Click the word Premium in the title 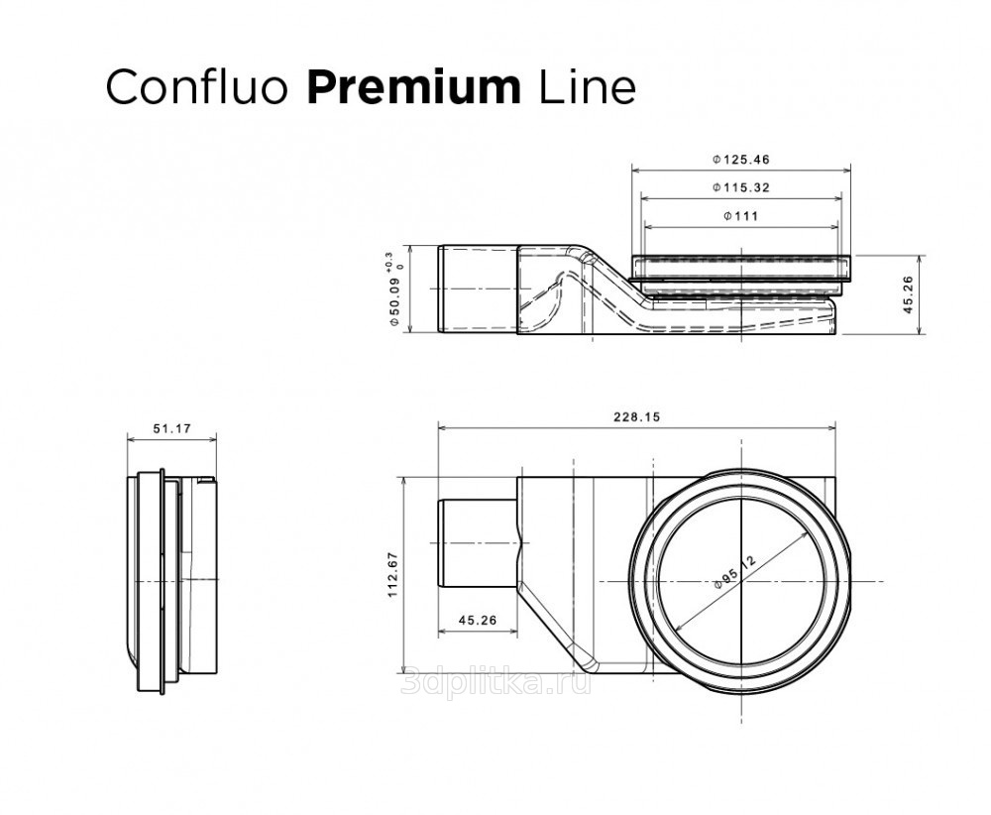pyautogui.click(x=414, y=87)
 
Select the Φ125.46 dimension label pyautogui.click(x=741, y=160)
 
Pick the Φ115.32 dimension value pyautogui.click(x=741, y=187)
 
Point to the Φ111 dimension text pyautogui.click(x=740, y=216)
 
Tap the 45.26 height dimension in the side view pyautogui.click(x=909, y=294)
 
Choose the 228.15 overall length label pyautogui.click(x=636, y=416)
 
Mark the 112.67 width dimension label pyautogui.click(x=392, y=575)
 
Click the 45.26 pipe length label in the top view pyautogui.click(x=478, y=621)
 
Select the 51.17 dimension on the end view pyautogui.click(x=171, y=428)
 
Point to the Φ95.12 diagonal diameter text pyautogui.click(x=734, y=571)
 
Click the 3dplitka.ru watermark pyautogui.click(x=496, y=682)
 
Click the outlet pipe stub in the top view pyautogui.click(x=478, y=543)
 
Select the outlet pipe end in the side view pyautogui.click(x=478, y=289)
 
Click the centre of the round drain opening pyautogui.click(x=740, y=581)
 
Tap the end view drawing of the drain pyautogui.click(x=171, y=582)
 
